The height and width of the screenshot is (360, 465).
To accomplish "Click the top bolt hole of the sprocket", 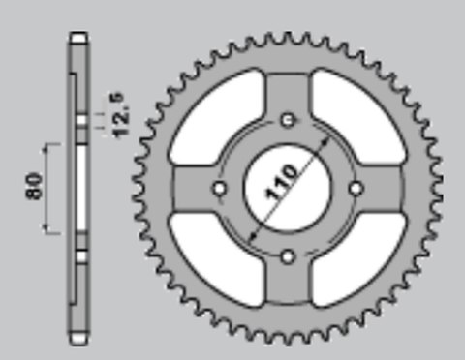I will click(x=288, y=119).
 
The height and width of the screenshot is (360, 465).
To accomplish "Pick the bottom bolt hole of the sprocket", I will click(x=288, y=256).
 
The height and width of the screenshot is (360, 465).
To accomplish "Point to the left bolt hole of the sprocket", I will click(x=219, y=187).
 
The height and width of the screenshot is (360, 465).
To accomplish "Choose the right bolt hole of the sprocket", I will click(x=356, y=187).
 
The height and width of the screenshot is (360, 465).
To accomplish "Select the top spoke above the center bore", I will click(x=288, y=97).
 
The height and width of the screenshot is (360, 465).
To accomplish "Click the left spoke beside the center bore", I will click(x=199, y=187).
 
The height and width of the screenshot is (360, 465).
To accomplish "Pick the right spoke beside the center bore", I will click(x=378, y=187).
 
